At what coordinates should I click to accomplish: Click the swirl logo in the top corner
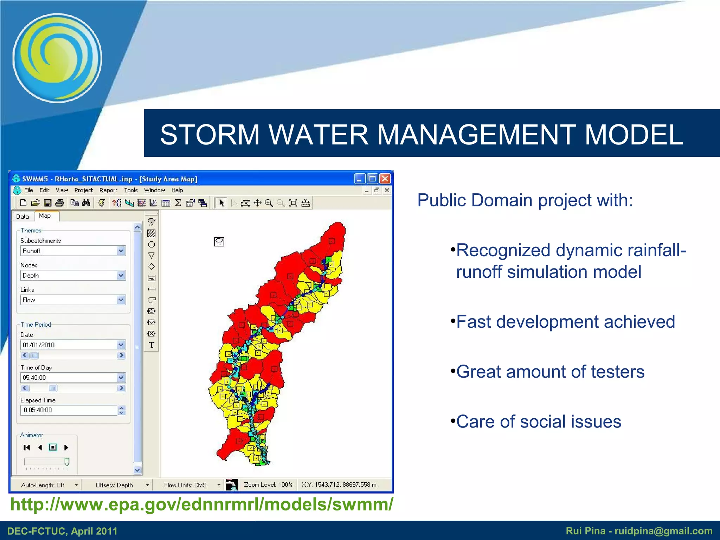click(57, 58)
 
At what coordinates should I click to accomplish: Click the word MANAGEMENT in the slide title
click(476, 134)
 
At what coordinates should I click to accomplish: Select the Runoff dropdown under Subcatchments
click(73, 251)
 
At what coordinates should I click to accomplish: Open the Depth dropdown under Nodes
click(73, 275)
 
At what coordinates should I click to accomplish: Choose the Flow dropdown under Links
click(73, 300)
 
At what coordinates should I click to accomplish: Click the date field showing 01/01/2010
click(69, 345)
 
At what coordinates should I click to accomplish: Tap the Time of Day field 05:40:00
click(69, 378)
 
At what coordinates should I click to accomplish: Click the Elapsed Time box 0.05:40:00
click(69, 410)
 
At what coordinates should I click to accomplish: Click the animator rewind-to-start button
click(27, 447)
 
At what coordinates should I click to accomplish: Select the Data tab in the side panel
click(22, 217)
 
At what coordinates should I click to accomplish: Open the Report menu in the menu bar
click(108, 190)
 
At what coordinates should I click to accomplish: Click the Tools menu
click(131, 190)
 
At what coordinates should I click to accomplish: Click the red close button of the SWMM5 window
click(385, 179)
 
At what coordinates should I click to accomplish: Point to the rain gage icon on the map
click(219, 242)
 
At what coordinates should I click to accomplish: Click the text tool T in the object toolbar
click(152, 345)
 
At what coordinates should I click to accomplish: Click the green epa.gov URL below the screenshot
click(201, 504)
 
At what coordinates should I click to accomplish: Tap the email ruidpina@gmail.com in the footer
click(663, 531)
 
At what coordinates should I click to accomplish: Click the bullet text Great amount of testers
click(550, 372)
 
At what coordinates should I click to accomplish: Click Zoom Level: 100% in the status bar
click(268, 484)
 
